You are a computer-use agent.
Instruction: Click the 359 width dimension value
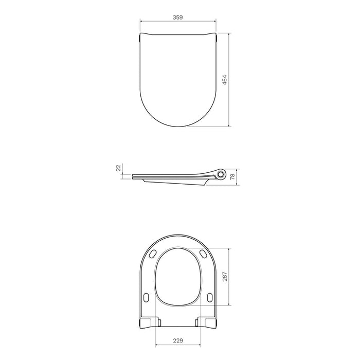[x=178, y=16]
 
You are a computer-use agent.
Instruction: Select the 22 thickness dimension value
[x=118, y=168]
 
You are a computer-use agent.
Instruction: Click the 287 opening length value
[x=224, y=278]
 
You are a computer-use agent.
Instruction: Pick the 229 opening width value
[x=178, y=339]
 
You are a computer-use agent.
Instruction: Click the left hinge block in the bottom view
[x=150, y=322]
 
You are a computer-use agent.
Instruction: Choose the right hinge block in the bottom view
[x=206, y=322]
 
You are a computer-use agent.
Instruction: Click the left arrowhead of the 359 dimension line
[x=141, y=22]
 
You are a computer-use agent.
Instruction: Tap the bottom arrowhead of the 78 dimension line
[x=237, y=183]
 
